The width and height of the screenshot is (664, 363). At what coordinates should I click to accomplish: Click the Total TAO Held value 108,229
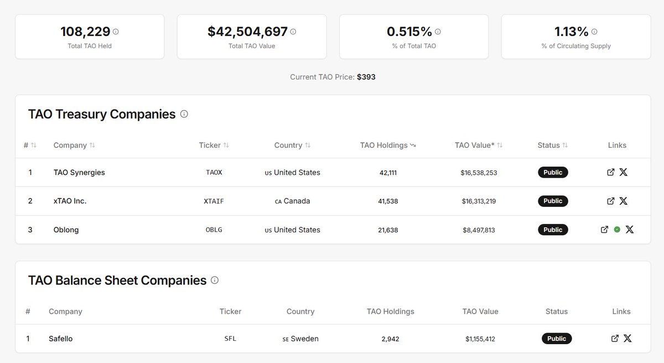[x=85, y=32]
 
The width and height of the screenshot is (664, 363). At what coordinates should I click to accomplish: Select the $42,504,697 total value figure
[x=247, y=32]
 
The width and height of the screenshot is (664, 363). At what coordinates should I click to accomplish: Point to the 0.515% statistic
[x=409, y=32]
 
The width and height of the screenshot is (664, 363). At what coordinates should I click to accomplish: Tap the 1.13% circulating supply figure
[x=571, y=32]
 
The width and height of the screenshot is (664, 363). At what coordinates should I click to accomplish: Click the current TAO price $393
[x=366, y=77]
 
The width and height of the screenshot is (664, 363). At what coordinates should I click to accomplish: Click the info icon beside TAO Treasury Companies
[x=184, y=114]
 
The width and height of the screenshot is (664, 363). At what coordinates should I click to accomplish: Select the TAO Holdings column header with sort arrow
[x=387, y=145]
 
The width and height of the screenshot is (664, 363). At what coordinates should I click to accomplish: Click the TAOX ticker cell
[x=214, y=172]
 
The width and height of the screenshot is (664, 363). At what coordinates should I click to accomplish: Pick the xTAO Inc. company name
[x=70, y=201]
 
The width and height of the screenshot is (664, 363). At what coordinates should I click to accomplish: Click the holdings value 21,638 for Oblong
[x=388, y=230]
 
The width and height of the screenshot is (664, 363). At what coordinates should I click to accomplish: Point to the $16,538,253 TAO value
[x=479, y=172]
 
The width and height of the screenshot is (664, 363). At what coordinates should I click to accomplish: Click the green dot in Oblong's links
[x=617, y=229]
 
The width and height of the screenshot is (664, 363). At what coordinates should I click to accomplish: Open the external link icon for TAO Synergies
[x=611, y=172]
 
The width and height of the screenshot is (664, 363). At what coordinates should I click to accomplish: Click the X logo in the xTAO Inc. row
[x=624, y=201]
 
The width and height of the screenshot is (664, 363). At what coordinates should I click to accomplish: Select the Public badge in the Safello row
[x=557, y=338]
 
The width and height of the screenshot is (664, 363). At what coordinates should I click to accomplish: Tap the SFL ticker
[x=230, y=338]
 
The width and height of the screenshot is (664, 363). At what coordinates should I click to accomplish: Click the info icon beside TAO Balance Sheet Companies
[x=215, y=280]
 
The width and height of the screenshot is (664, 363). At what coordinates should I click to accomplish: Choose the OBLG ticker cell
[x=214, y=230]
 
